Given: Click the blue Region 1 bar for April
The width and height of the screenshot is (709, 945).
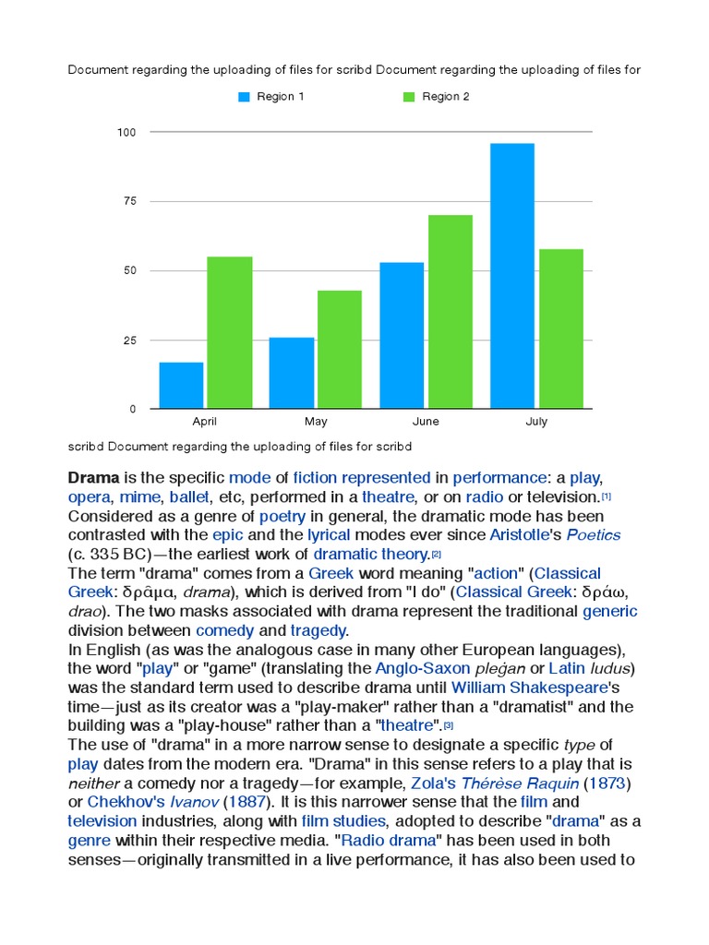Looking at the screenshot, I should tap(181, 385).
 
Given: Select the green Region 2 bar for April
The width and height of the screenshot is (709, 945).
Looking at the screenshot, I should tap(229, 332).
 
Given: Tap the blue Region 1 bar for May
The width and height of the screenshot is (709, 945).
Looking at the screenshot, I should tap(292, 373).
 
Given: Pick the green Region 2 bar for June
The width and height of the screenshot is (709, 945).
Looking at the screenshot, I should tap(450, 311).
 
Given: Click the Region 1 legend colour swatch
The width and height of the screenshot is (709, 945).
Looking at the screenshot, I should tap(245, 97).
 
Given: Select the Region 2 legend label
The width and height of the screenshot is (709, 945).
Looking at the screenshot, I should tap(447, 97).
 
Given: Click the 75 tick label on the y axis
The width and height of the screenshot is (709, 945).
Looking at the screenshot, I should tap(129, 201).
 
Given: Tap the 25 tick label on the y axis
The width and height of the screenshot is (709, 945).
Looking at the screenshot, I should tap(129, 341).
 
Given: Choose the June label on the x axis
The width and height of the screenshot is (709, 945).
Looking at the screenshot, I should tap(426, 422).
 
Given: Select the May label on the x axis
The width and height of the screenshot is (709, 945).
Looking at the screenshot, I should tap(316, 422).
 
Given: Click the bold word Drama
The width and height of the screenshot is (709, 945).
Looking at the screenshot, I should tap(94, 477).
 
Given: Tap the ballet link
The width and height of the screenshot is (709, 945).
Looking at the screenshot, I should tap(189, 496).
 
